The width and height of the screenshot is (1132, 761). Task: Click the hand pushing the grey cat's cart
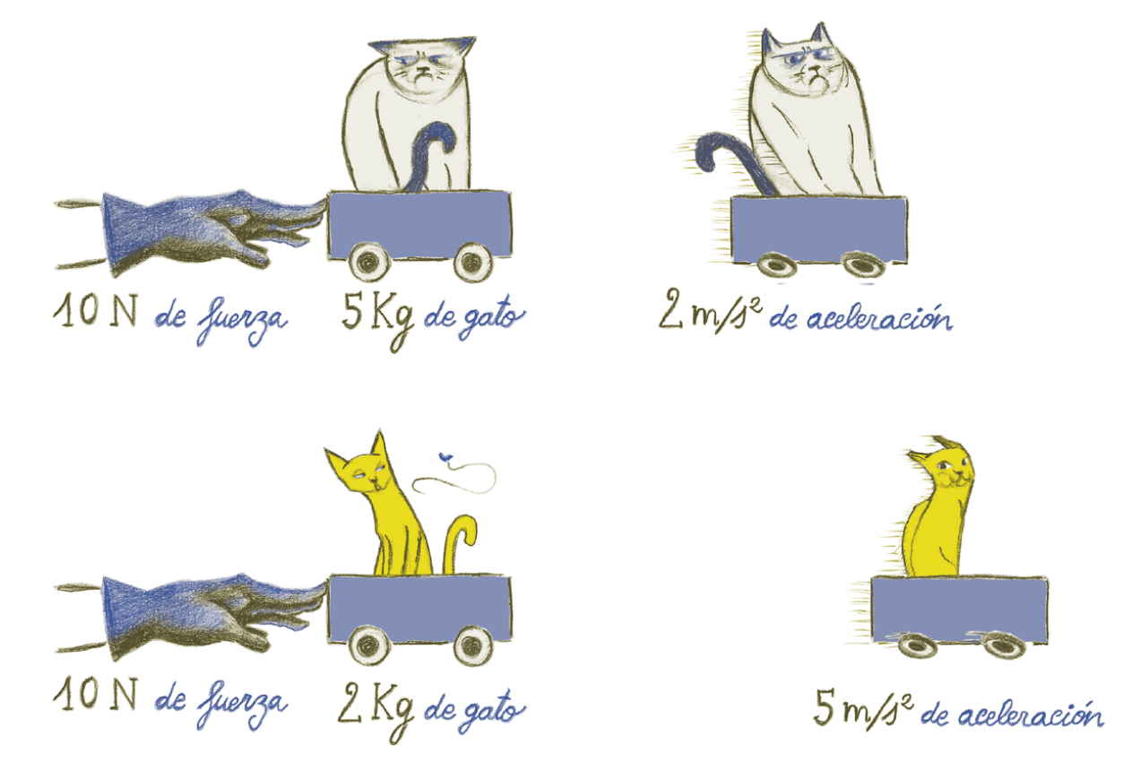pos(206,228)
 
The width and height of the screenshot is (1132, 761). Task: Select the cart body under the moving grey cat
pos(819,229)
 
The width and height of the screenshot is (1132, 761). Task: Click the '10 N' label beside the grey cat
pos(95,310)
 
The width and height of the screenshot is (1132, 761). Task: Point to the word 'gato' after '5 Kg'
pos(488,319)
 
